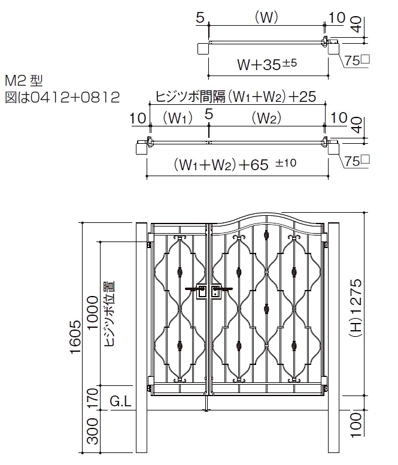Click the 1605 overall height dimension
[x=75, y=337]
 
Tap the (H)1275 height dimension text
[x=356, y=309]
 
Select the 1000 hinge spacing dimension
[x=93, y=312]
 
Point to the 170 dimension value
[x=93, y=398]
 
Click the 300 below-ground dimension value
[x=93, y=431]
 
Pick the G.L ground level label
[x=120, y=402]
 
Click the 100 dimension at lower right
[x=356, y=425]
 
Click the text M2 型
[x=25, y=80]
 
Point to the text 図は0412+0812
[x=62, y=97]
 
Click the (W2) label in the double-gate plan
[x=266, y=118]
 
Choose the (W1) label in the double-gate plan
[x=177, y=118]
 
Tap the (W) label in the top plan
[x=266, y=18]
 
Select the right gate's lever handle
[x=222, y=289]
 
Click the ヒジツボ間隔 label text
[x=190, y=96]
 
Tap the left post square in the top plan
[x=203, y=49]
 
